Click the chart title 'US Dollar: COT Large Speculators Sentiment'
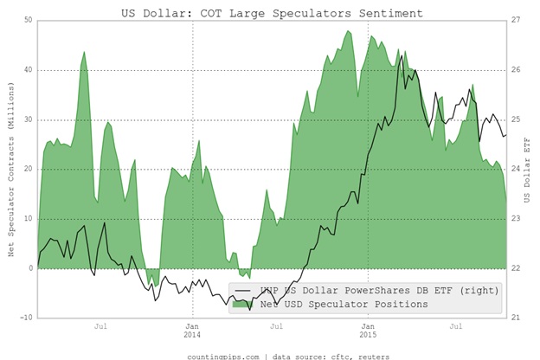click(x=271, y=13)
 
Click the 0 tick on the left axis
click(x=30, y=268)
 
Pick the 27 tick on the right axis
click(x=515, y=20)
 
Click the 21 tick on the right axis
click(x=515, y=318)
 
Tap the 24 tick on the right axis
click(x=515, y=169)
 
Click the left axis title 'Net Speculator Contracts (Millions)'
click(x=10, y=169)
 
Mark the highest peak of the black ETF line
click(x=402, y=58)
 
